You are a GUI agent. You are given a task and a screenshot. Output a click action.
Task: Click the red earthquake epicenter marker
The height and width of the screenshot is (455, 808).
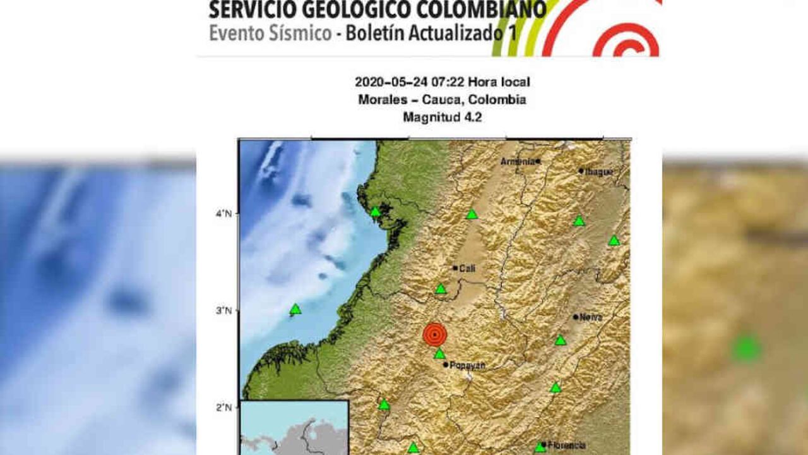434,334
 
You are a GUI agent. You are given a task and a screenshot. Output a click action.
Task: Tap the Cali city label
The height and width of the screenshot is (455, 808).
466,268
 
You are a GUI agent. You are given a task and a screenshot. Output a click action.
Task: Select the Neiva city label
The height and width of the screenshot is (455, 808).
591,317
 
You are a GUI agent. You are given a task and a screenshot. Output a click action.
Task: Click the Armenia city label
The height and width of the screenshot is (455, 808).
518,161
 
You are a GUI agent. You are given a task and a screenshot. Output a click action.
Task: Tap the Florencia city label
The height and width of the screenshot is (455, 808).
566,445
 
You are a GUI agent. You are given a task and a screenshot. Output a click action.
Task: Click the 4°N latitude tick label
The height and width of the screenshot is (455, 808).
224,214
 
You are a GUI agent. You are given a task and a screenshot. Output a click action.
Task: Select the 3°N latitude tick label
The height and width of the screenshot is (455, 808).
224,310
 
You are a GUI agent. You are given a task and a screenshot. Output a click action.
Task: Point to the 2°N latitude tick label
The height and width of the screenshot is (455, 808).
224,407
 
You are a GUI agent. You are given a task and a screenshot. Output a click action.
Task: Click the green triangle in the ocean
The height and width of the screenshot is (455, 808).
295,309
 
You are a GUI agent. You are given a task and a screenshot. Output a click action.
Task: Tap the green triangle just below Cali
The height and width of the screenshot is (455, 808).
441,289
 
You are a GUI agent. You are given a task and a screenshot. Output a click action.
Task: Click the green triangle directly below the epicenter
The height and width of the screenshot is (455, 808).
439,354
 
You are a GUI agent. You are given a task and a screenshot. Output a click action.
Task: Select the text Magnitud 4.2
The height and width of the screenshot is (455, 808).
442,117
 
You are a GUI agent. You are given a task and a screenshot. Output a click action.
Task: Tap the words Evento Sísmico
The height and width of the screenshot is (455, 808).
270,33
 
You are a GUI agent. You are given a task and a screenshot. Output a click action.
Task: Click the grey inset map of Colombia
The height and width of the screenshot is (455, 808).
294,427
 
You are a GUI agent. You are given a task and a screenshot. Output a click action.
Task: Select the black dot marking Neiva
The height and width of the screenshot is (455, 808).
576,317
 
